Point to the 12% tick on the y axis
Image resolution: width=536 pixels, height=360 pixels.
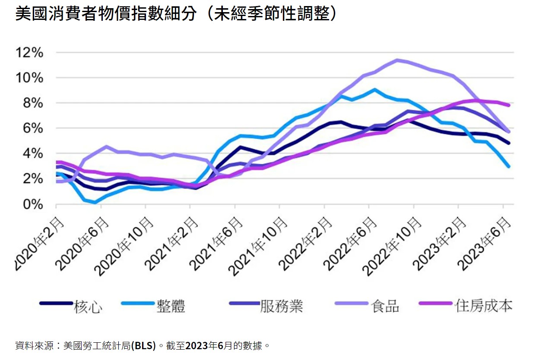[x=29, y=53]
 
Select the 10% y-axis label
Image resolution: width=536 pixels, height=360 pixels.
[x=29, y=78]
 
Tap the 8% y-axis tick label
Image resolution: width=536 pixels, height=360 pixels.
[x=34, y=103]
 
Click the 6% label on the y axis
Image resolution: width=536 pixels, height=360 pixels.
[x=34, y=128]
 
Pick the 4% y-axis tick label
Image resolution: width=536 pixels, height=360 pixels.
[x=34, y=153]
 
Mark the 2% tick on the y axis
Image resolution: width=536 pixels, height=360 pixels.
[x=34, y=179]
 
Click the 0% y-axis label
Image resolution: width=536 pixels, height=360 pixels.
[x=34, y=204]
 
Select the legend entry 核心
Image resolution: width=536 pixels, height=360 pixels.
[x=88, y=306]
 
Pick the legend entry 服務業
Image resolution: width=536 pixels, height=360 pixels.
[x=281, y=306]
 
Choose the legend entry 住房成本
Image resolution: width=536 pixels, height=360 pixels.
[x=483, y=306]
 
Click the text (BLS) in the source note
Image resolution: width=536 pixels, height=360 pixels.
[x=143, y=346]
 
